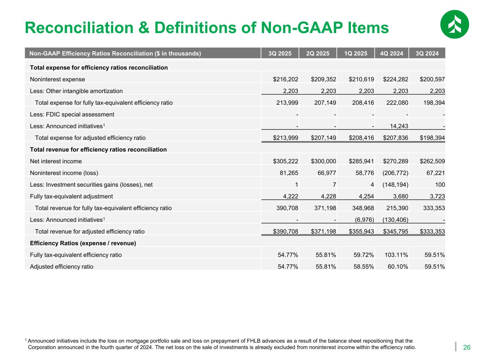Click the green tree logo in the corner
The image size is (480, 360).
coord(454,24)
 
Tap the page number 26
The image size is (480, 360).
coord(467,348)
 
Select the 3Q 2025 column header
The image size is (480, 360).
coord(280,53)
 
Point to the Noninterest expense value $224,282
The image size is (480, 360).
coord(396,79)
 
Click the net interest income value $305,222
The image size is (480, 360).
coord(286,161)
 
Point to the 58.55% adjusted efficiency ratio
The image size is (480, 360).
coord(364,266)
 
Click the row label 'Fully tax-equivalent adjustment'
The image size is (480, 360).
coord(71,197)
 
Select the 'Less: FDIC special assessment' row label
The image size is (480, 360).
coord(72,114)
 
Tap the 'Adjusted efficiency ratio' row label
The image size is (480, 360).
coord(62,266)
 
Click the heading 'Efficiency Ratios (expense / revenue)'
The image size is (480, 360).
coord(83,243)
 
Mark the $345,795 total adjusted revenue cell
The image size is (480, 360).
coord(396,231)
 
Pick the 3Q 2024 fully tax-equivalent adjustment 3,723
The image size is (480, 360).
coord(436,197)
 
